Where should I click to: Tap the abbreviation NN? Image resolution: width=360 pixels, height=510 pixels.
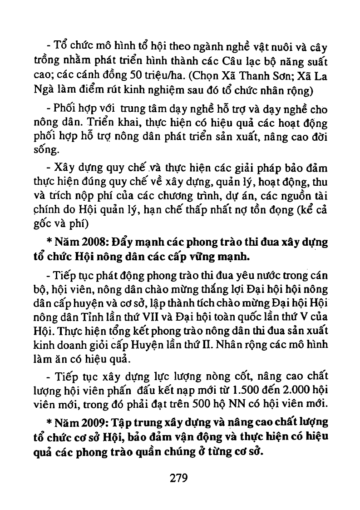pos(252,404)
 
